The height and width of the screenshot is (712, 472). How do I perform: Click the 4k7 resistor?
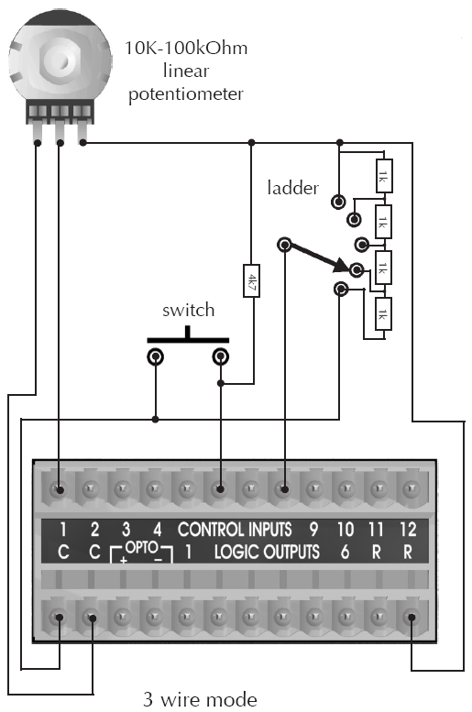pyautogui.click(x=251, y=280)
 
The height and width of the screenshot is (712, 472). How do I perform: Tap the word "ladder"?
pyautogui.click(x=293, y=188)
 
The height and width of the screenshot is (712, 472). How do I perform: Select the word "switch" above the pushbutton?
pyautogui.click(x=188, y=310)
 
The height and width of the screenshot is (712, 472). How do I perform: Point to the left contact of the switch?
pyautogui.click(x=156, y=357)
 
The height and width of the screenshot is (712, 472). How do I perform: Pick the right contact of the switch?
pyautogui.click(x=220, y=356)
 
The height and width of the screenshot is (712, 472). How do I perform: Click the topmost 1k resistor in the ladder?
pyautogui.click(x=384, y=176)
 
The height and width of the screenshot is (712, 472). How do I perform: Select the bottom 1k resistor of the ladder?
pyautogui.click(x=383, y=314)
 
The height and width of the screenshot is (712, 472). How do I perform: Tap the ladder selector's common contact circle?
pyautogui.click(x=284, y=246)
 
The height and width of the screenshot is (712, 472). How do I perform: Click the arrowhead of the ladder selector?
pyautogui.click(x=342, y=265)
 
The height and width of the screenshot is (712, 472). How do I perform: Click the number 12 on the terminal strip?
pyautogui.click(x=408, y=530)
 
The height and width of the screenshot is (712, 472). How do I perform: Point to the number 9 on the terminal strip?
pyautogui.click(x=313, y=530)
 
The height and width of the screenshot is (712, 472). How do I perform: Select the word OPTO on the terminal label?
pyautogui.click(x=141, y=547)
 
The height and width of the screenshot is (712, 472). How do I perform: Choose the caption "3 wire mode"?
pyautogui.click(x=200, y=699)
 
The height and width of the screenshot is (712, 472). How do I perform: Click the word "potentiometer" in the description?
pyautogui.click(x=186, y=94)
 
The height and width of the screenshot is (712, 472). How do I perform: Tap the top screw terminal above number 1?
pyautogui.click(x=59, y=489)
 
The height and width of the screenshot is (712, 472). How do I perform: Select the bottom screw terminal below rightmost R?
pyautogui.click(x=412, y=618)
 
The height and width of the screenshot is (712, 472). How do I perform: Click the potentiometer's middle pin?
pyautogui.click(x=60, y=132)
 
